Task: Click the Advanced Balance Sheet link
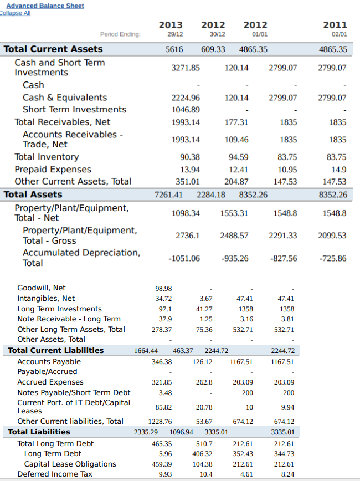point(45,6)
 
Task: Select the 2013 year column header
point(171,25)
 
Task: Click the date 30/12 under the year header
point(213,34)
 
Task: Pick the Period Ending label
point(120,34)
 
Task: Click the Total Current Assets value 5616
point(174,49)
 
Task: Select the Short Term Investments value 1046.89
point(186,110)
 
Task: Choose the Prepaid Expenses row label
point(53,169)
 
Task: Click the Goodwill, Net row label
point(42,288)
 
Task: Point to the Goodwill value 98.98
point(163,288)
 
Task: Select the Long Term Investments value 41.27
point(204,309)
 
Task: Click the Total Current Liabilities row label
point(55,350)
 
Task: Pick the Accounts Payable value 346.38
point(161,361)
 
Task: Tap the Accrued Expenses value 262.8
point(204,382)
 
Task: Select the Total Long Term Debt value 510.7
point(204,443)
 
